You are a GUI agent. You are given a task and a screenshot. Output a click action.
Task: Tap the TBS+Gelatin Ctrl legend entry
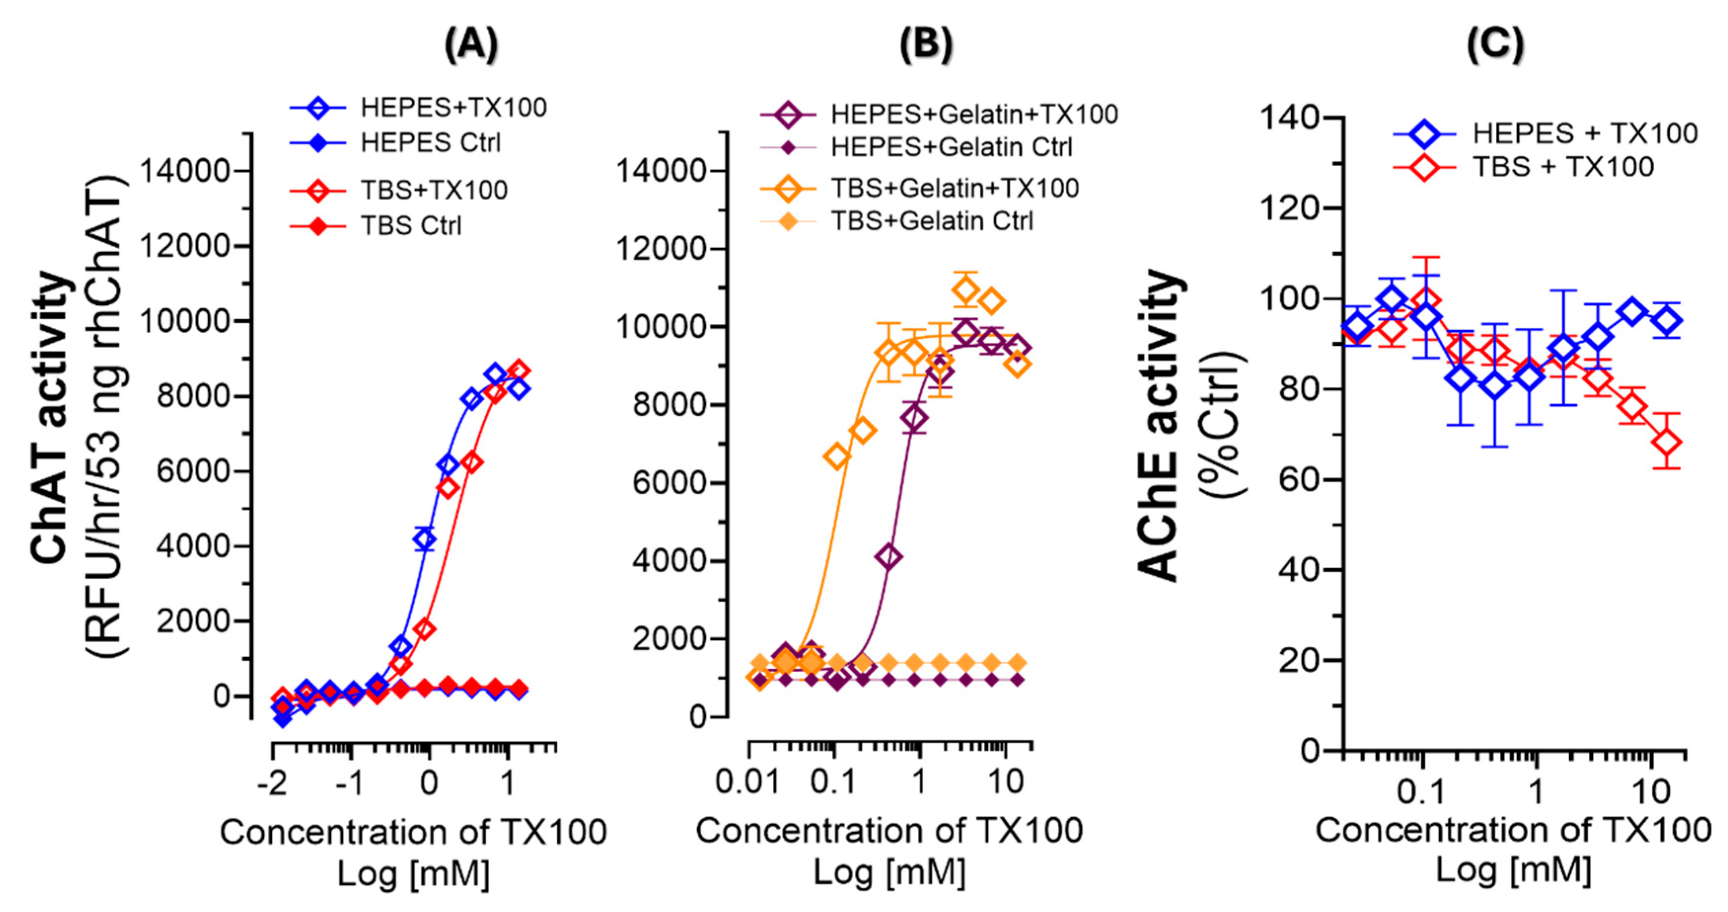(931, 221)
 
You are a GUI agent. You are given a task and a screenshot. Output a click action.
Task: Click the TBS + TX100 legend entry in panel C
(1562, 166)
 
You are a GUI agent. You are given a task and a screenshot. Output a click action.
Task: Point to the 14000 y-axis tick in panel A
(185, 171)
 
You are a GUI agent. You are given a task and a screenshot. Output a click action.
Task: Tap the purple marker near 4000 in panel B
(889, 556)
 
